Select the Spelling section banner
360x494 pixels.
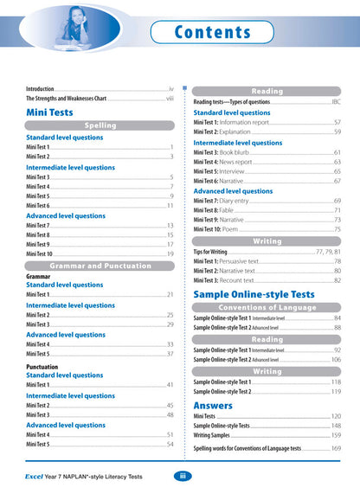click(x=100, y=125)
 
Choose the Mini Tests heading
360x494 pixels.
click(x=49, y=112)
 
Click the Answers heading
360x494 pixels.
click(x=212, y=404)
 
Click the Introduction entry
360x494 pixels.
click(x=40, y=88)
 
